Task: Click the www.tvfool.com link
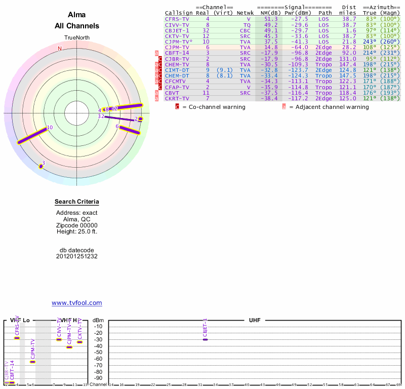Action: [x=76, y=303]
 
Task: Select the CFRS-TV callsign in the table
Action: [x=177, y=19]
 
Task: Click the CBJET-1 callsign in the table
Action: [x=177, y=30]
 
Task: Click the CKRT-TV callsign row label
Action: [x=177, y=98]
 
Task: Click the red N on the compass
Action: [x=60, y=49]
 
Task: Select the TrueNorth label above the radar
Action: [x=77, y=38]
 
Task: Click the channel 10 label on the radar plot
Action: [x=50, y=128]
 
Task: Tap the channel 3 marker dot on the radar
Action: [x=41, y=166]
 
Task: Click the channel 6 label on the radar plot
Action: [x=117, y=127]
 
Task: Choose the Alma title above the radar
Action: [x=77, y=15]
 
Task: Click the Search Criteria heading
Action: [x=77, y=202]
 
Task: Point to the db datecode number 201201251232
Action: [x=77, y=256]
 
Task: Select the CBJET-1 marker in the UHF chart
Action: [x=205, y=339]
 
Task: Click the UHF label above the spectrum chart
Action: [x=254, y=321]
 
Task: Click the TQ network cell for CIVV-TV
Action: [x=247, y=25]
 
